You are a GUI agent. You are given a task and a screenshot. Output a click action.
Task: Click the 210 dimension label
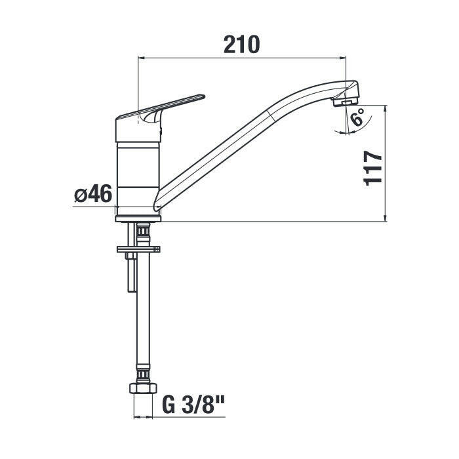pos(241,45)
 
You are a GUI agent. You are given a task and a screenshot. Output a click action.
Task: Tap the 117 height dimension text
pos(372,169)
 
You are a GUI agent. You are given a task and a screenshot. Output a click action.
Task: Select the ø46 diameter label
pos(93,193)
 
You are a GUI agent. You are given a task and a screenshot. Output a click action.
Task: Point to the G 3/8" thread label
pos(193,405)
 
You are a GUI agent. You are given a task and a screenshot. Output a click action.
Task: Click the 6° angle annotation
pos(358,117)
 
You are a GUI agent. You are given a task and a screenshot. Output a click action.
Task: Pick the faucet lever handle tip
pos(203,96)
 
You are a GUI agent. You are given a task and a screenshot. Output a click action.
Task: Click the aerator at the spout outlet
pos(346,102)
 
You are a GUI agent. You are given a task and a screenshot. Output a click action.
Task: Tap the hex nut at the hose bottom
pos(143,388)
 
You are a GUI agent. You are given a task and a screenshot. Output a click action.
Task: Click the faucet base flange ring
pos(138,218)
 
